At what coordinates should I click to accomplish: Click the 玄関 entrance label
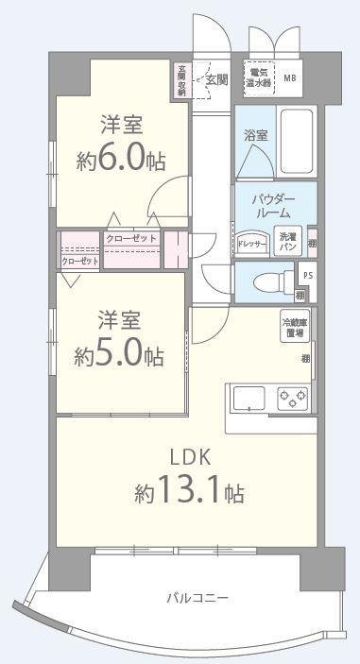point(215,81)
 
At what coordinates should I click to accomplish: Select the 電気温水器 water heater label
point(258,75)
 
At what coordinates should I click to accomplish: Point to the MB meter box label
point(289,78)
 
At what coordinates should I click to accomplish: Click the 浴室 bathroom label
point(255,135)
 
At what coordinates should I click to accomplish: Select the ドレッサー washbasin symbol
point(252,244)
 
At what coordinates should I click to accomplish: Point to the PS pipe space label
point(305,274)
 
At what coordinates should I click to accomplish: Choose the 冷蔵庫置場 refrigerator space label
point(294,328)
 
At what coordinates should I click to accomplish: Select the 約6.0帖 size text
point(121,159)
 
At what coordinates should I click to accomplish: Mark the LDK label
point(189,458)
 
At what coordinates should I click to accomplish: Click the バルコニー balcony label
point(197,598)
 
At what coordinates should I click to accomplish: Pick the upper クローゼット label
point(131,238)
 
